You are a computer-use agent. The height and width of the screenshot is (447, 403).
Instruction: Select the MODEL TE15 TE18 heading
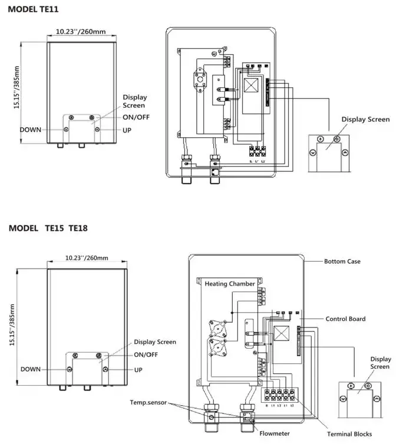click(48, 228)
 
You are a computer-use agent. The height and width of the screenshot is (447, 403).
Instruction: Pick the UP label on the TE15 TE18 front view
click(138, 369)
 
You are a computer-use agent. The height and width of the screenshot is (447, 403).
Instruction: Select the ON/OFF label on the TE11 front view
click(136, 117)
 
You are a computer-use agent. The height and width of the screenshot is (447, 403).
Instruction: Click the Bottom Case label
click(342, 261)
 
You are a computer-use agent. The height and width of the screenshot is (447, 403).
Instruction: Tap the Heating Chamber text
click(230, 284)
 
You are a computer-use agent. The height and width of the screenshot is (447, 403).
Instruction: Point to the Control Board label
click(345, 319)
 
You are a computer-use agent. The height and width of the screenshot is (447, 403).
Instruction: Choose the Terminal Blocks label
click(349, 434)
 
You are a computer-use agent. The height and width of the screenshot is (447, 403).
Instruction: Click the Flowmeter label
click(274, 433)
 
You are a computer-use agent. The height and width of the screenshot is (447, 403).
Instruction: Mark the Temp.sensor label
click(148, 402)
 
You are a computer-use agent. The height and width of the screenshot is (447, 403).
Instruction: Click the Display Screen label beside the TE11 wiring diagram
click(365, 120)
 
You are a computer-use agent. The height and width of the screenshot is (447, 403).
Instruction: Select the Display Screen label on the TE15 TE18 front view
click(154, 342)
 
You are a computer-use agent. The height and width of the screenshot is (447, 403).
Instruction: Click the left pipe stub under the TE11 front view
click(60, 144)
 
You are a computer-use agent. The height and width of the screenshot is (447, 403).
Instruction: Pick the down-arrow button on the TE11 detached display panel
click(312, 152)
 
